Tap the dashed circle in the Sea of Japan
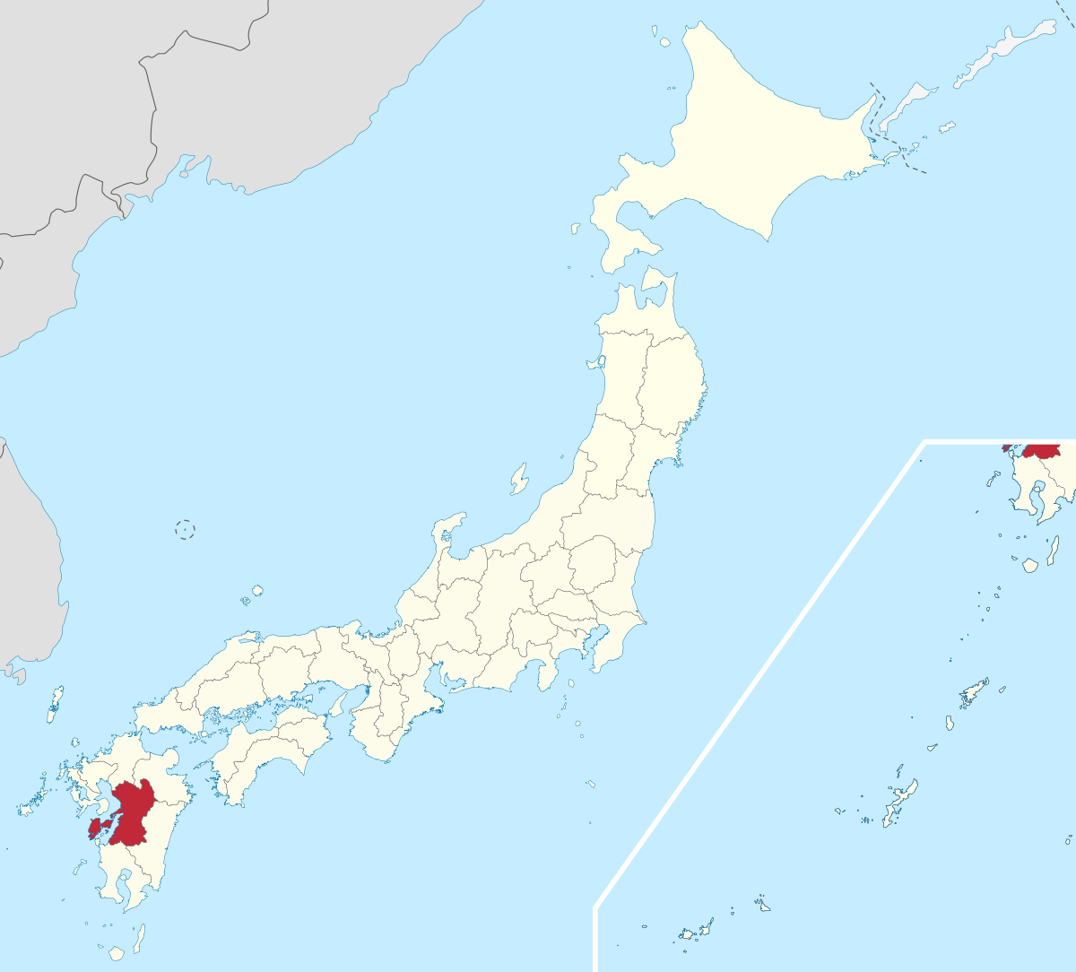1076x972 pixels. pos(185,529)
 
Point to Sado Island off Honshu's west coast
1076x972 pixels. pos(519,479)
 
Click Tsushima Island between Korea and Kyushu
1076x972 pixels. pos(56,704)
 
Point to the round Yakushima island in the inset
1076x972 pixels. pos(1030,565)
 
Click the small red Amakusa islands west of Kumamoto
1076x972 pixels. pos(97,826)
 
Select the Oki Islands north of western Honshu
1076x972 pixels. pos(256,592)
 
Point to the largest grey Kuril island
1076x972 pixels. pos(1004,45)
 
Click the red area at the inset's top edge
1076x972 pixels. pos(1043,450)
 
